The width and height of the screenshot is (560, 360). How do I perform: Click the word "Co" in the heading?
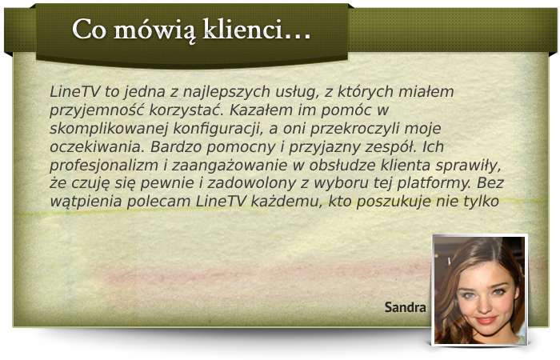(90, 29)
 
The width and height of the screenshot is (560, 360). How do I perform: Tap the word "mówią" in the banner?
(155, 30)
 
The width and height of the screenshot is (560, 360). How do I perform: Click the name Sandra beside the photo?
(405, 307)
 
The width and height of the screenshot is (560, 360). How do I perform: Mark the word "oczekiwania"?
(97, 147)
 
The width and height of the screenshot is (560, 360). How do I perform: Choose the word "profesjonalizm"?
(103, 166)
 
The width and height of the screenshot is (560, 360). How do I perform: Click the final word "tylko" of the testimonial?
(481, 202)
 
